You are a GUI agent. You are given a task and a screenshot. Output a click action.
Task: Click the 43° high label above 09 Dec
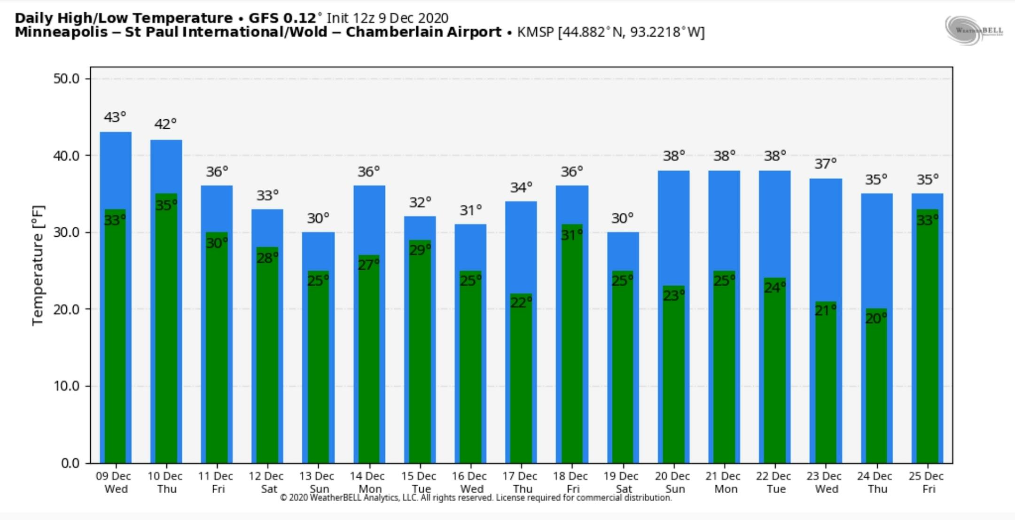click(x=115, y=116)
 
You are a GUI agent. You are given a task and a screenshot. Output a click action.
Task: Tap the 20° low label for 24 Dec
click(x=876, y=318)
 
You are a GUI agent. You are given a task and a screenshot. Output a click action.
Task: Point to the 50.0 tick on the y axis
click(x=66, y=78)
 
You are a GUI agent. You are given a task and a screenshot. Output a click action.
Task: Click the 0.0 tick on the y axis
click(x=70, y=463)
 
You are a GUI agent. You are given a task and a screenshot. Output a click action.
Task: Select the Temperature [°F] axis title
click(x=38, y=265)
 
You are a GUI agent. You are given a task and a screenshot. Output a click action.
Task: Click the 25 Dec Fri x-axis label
click(x=926, y=482)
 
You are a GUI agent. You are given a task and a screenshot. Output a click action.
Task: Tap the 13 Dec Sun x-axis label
click(x=317, y=482)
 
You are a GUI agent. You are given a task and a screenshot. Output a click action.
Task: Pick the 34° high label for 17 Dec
click(x=521, y=187)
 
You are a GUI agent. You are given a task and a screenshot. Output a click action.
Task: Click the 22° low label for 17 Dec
click(x=521, y=303)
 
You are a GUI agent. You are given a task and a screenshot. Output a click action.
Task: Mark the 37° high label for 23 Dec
click(x=825, y=163)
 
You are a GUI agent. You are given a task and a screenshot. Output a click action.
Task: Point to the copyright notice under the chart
click(x=476, y=497)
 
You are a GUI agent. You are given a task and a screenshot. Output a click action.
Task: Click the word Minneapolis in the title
click(x=61, y=32)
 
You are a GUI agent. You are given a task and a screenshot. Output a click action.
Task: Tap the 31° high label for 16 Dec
click(x=470, y=210)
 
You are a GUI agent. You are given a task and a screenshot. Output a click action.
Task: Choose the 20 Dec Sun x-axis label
click(x=672, y=482)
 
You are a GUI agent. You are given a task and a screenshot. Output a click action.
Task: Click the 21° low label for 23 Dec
click(x=825, y=310)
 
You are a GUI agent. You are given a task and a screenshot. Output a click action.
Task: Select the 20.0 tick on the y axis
click(x=66, y=309)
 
